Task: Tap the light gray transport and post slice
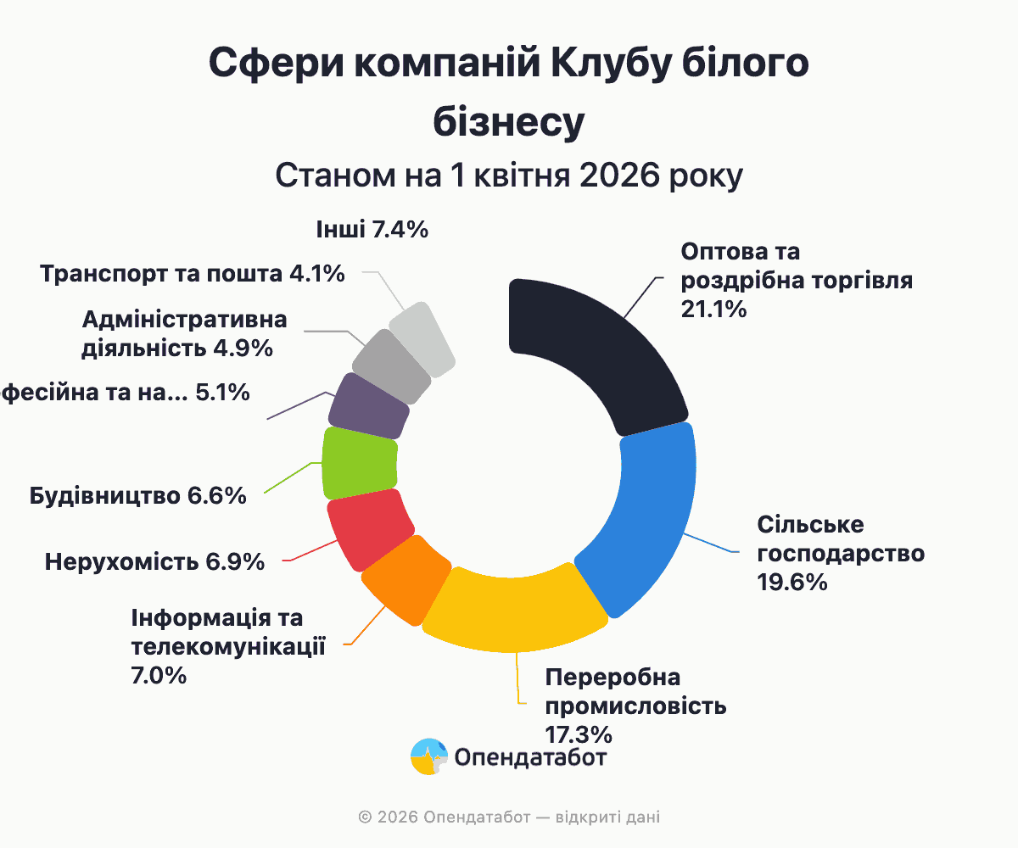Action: pyautogui.click(x=422, y=338)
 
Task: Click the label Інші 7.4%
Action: pyautogui.click(x=372, y=230)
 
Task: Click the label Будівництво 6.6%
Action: pyautogui.click(x=137, y=496)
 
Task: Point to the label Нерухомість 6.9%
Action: pyautogui.click(x=154, y=562)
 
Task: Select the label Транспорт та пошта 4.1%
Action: pyautogui.click(x=192, y=274)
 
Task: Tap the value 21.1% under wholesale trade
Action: pyautogui.click(x=713, y=310)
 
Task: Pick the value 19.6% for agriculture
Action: pyautogui.click(x=791, y=583)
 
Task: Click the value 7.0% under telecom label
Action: pyautogui.click(x=159, y=676)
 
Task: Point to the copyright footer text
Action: pyautogui.click(x=509, y=817)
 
